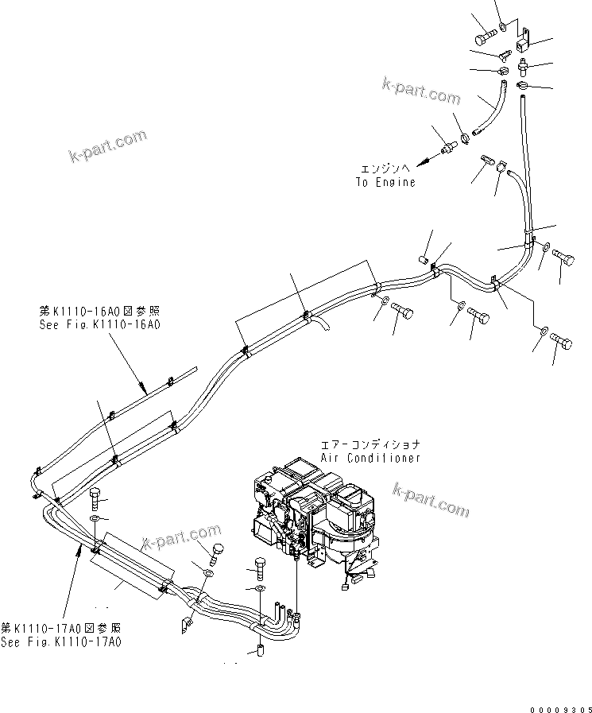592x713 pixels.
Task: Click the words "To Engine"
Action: [385, 182]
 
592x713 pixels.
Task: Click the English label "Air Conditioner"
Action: [370, 458]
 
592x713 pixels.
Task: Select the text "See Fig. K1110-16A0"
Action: [99, 324]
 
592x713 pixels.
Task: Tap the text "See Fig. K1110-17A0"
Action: [61, 641]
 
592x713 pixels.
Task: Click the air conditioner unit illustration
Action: [319, 516]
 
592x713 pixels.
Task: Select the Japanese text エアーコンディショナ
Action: [370, 445]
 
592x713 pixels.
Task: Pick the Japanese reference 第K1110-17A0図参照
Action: [61, 629]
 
